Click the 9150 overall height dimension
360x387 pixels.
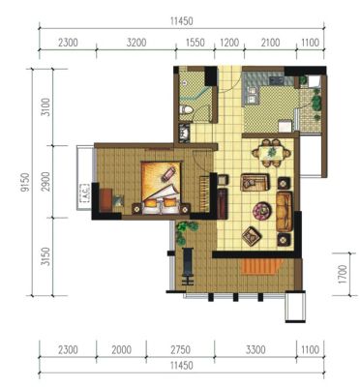click(x=25, y=182)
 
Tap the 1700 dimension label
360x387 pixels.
click(x=343, y=274)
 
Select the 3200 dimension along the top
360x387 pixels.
click(x=136, y=43)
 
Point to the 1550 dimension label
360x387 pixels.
click(x=195, y=43)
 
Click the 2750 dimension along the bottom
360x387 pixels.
click(x=180, y=349)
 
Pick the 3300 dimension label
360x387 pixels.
click(x=255, y=349)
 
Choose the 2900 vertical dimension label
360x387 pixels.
click(x=46, y=182)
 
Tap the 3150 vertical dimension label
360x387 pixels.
click(x=46, y=256)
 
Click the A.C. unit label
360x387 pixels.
click(x=84, y=193)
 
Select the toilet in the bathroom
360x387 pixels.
click(x=187, y=109)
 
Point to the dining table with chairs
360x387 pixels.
click(x=271, y=153)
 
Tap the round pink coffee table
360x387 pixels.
click(x=262, y=211)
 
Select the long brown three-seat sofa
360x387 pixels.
click(x=285, y=211)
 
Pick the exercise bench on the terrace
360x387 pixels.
click(x=188, y=266)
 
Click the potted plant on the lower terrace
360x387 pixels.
click(x=185, y=231)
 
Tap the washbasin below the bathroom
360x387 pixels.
click(x=185, y=134)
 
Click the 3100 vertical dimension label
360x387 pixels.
click(x=46, y=107)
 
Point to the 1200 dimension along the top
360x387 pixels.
click(x=229, y=43)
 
